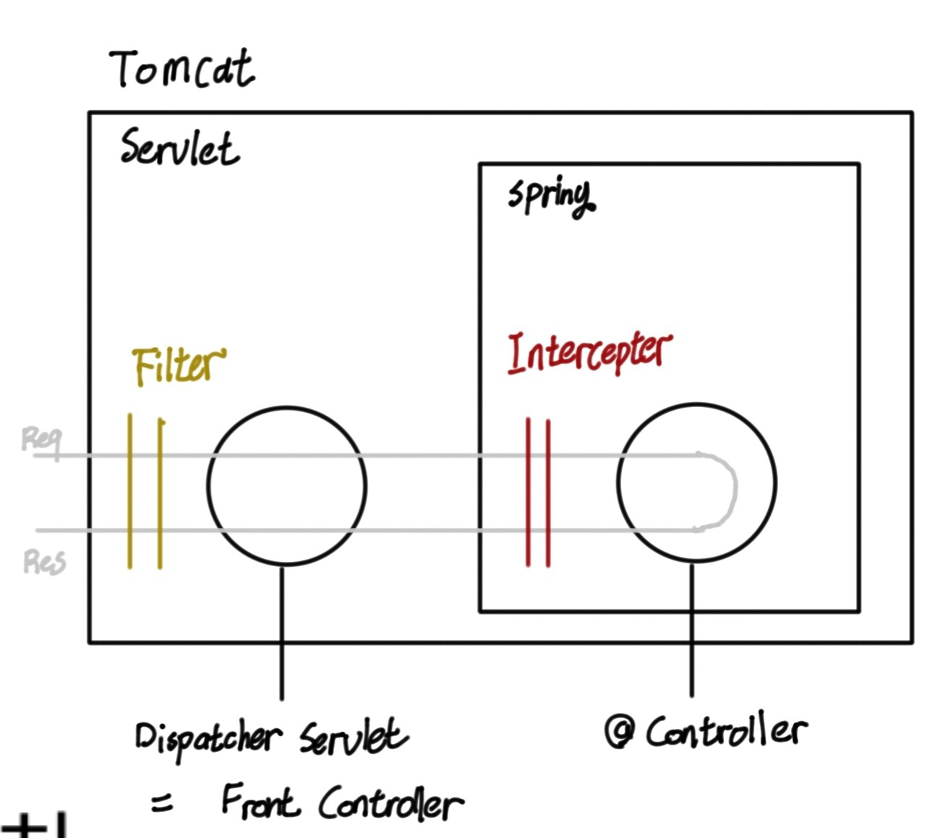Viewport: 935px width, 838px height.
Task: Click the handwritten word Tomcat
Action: point(182,69)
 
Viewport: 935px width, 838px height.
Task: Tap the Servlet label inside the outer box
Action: point(179,148)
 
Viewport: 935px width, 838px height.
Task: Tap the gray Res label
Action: point(44,561)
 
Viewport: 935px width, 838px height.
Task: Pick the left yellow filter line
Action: point(130,492)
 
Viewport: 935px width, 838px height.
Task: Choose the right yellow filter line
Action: point(160,492)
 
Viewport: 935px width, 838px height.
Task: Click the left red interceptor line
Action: point(529,492)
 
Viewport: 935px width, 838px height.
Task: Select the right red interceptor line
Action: point(547,492)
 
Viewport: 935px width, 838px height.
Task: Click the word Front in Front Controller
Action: point(259,800)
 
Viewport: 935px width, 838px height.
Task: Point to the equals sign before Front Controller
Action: point(163,803)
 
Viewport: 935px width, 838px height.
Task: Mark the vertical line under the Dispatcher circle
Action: point(282,633)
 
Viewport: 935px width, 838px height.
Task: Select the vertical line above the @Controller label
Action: point(692,629)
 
